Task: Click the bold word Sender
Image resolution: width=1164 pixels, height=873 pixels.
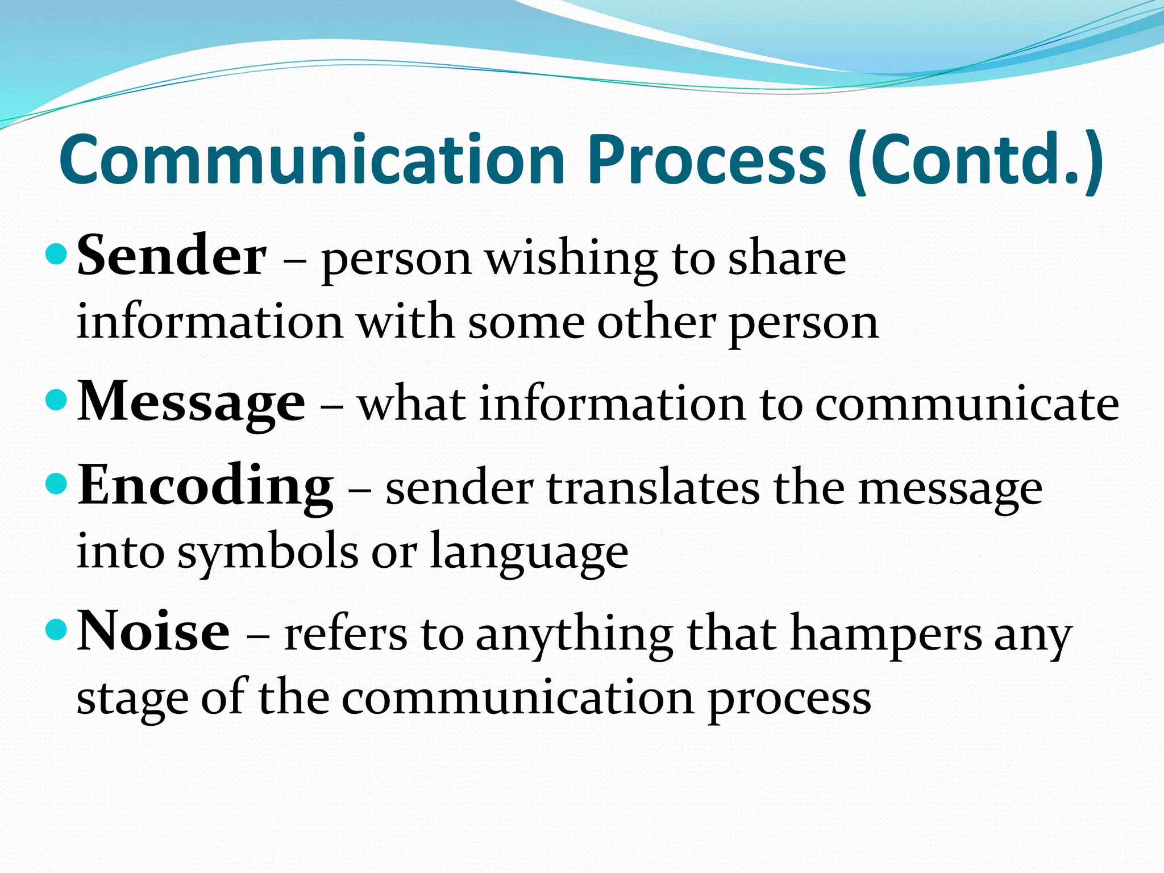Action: pos(171,256)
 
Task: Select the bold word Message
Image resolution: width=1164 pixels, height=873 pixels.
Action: pos(191,402)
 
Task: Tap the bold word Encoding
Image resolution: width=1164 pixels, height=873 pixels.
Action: pos(205,486)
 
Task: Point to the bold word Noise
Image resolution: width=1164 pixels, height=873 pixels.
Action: pos(153,631)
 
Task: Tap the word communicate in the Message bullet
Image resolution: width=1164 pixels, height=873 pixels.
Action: pos(967,405)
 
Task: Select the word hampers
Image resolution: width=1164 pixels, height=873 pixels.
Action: pos(886,635)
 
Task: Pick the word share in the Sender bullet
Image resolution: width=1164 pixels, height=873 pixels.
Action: pos(787,259)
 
